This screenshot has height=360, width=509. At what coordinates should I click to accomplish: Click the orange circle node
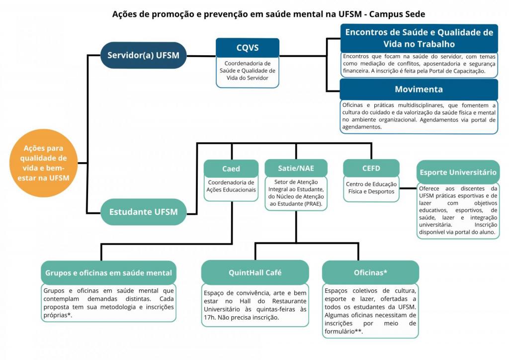[44, 163]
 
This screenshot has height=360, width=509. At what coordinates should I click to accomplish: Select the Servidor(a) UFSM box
[143, 55]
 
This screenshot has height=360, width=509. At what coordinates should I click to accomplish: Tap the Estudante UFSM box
[143, 212]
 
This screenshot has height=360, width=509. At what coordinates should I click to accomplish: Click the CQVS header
[248, 48]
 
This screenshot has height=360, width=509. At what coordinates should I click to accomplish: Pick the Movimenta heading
[419, 90]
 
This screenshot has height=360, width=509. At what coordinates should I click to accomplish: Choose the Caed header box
[231, 169]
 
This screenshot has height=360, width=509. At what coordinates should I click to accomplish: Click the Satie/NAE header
[296, 168]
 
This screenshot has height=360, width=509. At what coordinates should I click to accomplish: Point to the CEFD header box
[371, 168]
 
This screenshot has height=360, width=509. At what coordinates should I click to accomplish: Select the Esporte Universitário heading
[458, 172]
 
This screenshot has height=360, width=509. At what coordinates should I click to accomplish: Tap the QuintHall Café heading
[255, 272]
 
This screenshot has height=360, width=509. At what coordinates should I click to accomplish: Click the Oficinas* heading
[370, 272]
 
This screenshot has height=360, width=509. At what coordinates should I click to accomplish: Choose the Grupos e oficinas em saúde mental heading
[108, 272]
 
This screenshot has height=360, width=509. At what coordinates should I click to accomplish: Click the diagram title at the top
[268, 14]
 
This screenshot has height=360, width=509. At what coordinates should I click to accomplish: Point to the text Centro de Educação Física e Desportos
[371, 187]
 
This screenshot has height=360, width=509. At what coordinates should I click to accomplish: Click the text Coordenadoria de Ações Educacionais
[231, 186]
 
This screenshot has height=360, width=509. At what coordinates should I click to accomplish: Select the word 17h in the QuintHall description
[209, 317]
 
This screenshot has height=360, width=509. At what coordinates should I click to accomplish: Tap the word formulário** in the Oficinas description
[343, 332]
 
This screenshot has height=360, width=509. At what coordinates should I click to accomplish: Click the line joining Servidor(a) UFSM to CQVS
[201, 56]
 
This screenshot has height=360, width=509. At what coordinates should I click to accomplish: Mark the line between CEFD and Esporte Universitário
[408, 188]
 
